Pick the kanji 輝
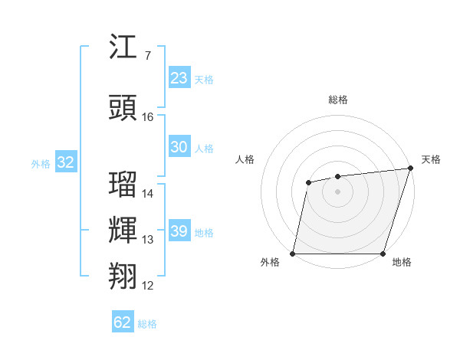pyautogui.click(x=123, y=231)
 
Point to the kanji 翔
pyautogui.click(x=123, y=277)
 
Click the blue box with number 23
pyautogui.click(x=179, y=78)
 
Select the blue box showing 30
pyautogui.click(x=179, y=147)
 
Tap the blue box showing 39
pyautogui.click(x=179, y=231)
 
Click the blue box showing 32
pyautogui.click(x=65, y=162)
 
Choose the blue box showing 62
pyautogui.click(x=123, y=322)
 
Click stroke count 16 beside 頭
pyautogui.click(x=148, y=117)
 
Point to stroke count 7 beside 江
pyautogui.click(x=147, y=56)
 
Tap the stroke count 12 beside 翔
pyautogui.click(x=148, y=286)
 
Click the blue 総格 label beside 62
pyautogui.click(x=147, y=324)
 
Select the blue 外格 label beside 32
pyautogui.click(x=41, y=163)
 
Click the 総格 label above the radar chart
pyautogui.click(x=337, y=100)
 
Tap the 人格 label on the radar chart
pyautogui.click(x=245, y=159)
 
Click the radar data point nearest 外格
pyautogui.click(x=293, y=254)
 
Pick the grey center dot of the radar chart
pyautogui.click(x=337, y=191)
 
